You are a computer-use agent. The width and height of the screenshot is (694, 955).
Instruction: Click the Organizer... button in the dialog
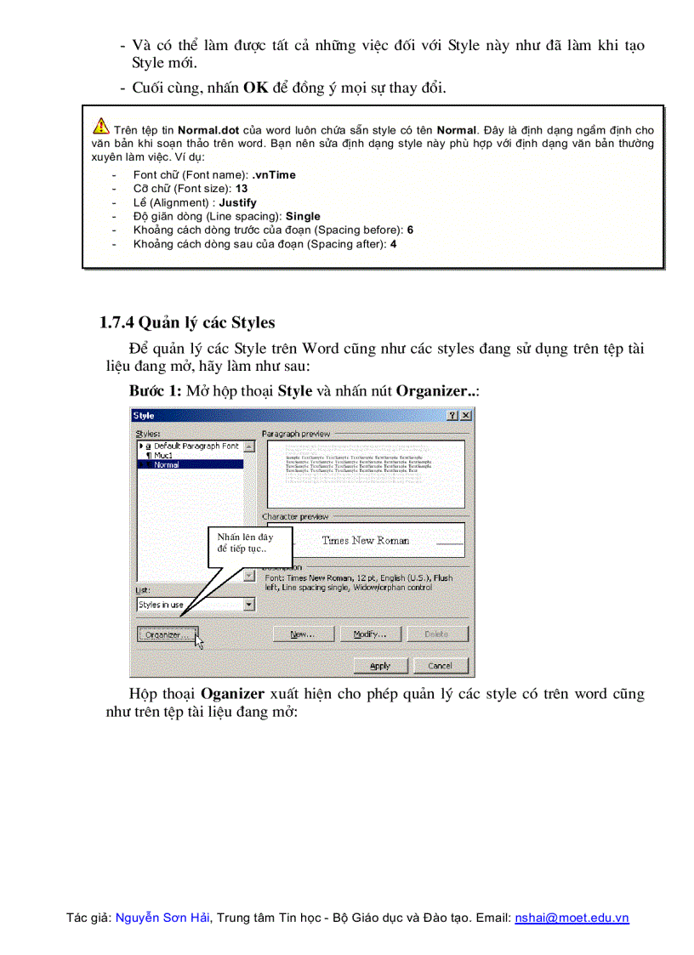point(167,634)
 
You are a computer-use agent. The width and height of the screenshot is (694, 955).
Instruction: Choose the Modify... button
point(370,634)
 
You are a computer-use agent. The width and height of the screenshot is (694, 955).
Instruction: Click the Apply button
point(380,665)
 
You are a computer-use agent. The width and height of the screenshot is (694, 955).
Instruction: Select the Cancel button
point(439,665)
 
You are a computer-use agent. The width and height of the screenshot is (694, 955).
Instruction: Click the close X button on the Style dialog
point(466,415)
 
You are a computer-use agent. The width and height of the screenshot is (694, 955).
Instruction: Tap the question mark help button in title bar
point(453,415)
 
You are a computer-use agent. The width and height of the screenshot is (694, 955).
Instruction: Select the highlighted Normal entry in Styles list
point(167,465)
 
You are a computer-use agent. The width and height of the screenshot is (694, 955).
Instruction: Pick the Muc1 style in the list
point(162,456)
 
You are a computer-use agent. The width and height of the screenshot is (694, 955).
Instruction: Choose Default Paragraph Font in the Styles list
point(195,446)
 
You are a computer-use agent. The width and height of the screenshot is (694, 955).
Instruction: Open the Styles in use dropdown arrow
point(248,605)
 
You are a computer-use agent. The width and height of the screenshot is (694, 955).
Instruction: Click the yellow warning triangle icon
point(101,126)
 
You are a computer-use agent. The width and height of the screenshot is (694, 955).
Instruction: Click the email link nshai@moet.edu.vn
point(572,918)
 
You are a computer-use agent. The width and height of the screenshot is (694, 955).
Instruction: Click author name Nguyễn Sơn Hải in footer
point(162,918)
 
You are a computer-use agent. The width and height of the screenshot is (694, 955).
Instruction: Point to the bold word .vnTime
point(274,174)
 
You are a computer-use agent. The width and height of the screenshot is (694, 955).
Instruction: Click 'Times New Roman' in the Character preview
point(365,540)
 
